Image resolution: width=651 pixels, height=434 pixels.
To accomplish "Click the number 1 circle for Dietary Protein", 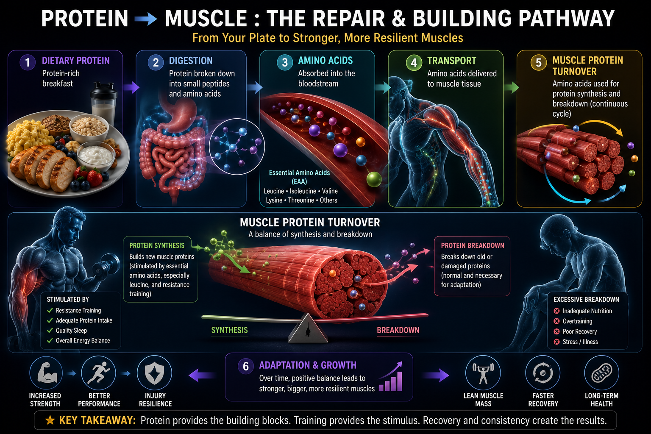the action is pos(28,62).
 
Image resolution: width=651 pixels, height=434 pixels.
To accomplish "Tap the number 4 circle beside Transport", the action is pos(414,62).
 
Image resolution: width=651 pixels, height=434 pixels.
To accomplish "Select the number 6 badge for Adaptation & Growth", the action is pos(245,366).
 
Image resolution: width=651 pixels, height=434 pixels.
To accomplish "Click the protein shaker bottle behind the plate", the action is pos(103,103).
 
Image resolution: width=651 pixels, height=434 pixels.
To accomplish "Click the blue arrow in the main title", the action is pos(146,19).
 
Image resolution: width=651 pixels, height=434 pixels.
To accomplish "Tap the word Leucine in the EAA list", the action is pos(274,191).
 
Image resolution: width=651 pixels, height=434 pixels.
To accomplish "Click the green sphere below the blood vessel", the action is pos(374,179).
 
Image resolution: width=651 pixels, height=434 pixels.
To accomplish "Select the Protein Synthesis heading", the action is pos(157,246).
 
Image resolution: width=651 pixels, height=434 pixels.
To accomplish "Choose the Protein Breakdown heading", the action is pos(473,246).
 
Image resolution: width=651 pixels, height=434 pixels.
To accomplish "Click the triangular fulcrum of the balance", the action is pos(308,328).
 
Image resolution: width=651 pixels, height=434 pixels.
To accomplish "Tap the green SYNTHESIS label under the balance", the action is pos(230,330).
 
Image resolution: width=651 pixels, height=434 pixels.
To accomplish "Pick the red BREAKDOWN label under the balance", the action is pos(398,330).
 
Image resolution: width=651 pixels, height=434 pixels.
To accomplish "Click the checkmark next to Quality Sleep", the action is pos(50,331).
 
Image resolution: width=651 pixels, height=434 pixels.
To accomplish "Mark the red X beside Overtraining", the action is pos(556,321).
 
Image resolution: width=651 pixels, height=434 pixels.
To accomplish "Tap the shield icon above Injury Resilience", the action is pos(154,373).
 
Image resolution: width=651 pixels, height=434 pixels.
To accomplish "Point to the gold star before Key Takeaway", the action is pos(50,420).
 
